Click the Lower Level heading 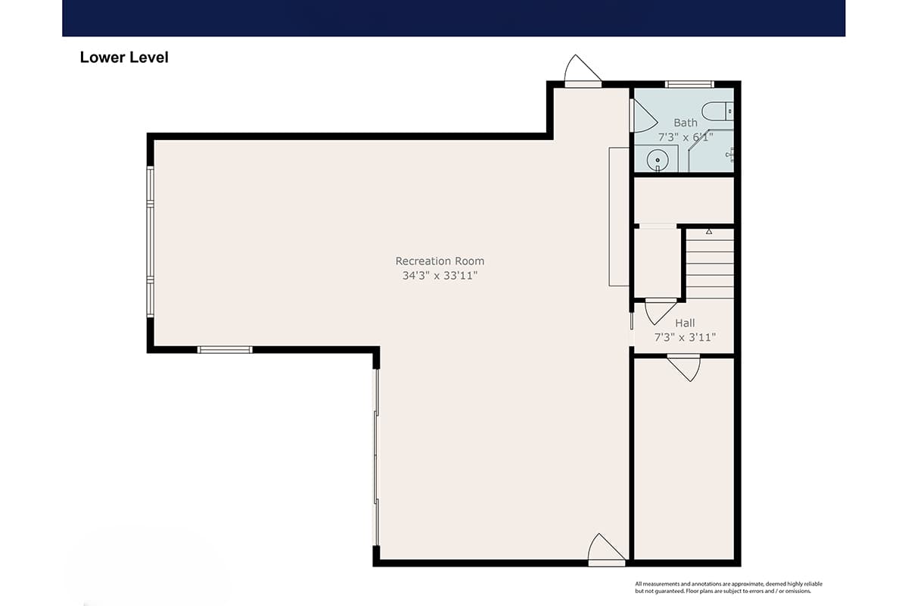point(124,58)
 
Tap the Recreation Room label point(440,261)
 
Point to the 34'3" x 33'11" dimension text point(440,276)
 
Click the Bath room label point(686,123)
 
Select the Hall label point(685,323)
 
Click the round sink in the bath point(657,160)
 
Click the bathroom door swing point(644,116)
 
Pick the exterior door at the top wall point(583,71)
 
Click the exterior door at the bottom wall point(606,549)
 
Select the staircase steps point(710,264)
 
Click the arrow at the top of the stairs point(709,231)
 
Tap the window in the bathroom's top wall point(689,84)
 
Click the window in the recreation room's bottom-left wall point(225,350)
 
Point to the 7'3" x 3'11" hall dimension point(685,337)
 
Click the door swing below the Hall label point(684,368)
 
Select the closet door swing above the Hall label point(661,312)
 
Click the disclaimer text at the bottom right point(729,587)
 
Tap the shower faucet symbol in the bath point(730,155)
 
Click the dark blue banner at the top point(453,18)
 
